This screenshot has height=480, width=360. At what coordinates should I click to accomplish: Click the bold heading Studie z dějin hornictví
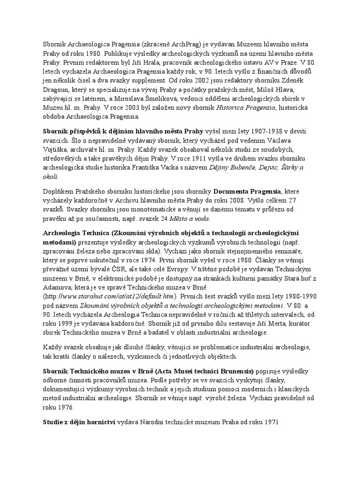(x=82, y=422)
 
